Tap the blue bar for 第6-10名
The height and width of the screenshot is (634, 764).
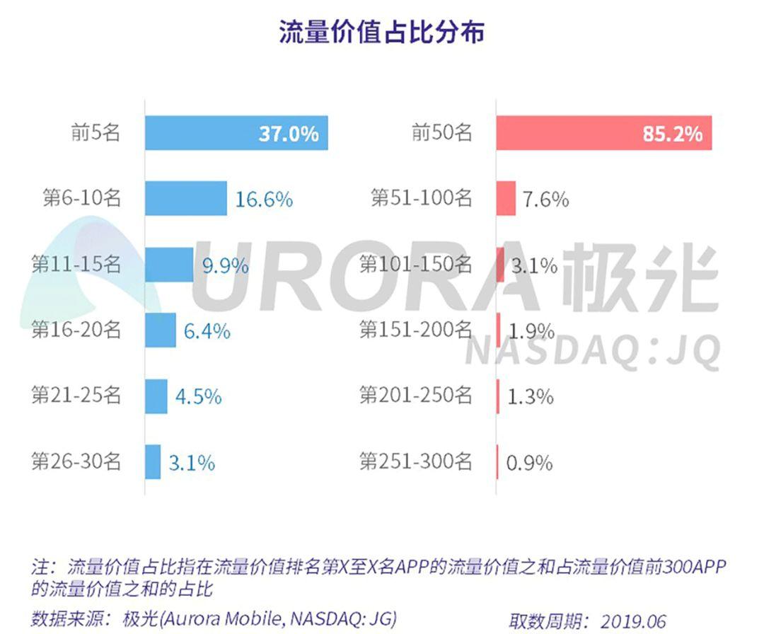coord(186,198)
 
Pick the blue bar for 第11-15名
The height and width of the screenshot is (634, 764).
coord(169,265)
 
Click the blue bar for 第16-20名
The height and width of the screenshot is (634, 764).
coord(161,330)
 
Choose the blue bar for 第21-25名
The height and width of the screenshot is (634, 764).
coord(156,396)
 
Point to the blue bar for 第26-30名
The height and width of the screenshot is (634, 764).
coord(153,462)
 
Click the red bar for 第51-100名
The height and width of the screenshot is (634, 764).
coord(506,198)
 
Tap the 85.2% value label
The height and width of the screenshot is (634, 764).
coord(672,134)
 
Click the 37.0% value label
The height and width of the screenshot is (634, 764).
coord(288,134)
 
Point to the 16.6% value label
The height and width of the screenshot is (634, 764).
coord(264,200)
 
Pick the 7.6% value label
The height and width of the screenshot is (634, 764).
coord(545,200)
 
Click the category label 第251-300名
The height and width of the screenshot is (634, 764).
coord(415,462)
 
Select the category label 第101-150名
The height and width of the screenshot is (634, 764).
coord(415,265)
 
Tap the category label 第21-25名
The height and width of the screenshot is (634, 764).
coord(76,396)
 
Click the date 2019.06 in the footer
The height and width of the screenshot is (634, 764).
coord(634,621)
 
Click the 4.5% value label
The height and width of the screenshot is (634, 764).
coord(198,397)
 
